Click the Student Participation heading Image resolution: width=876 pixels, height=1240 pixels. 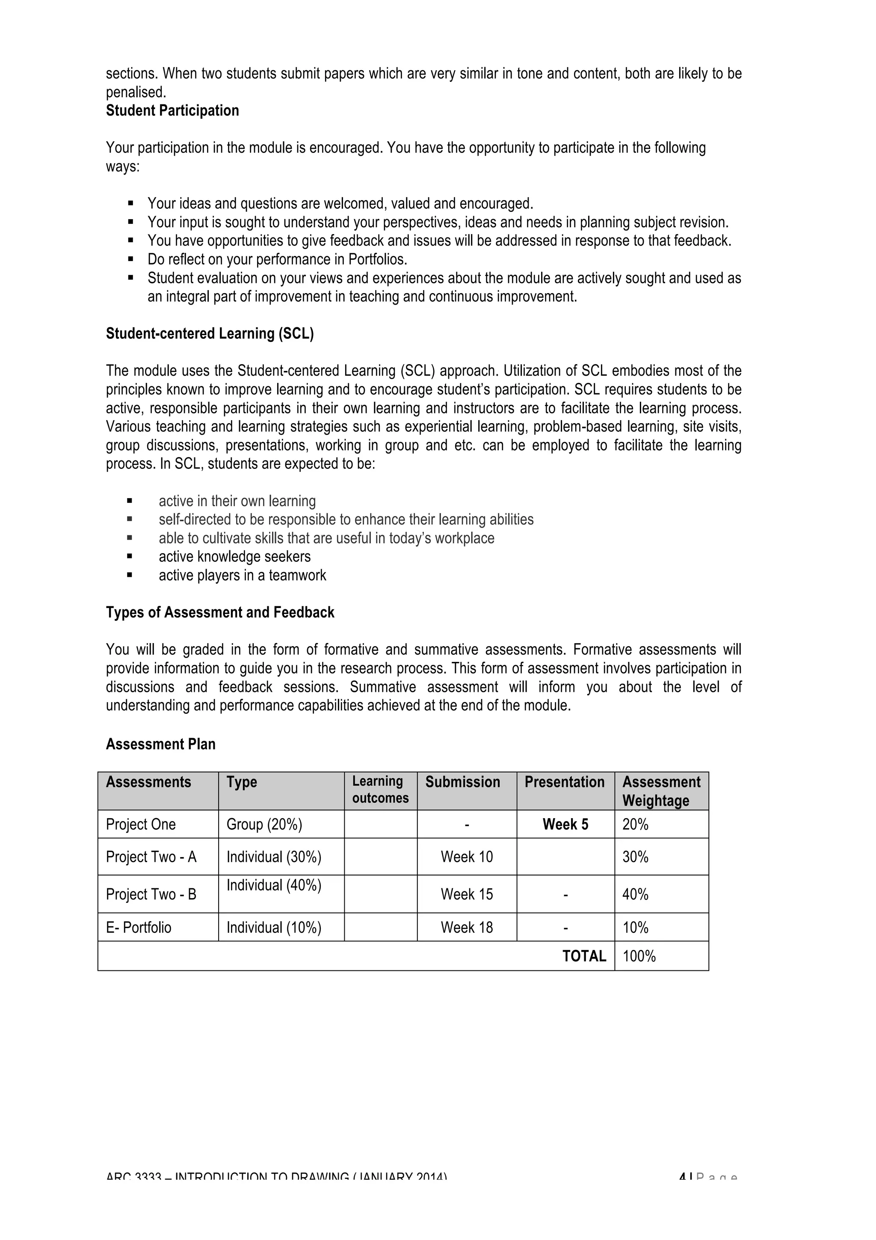tap(172, 111)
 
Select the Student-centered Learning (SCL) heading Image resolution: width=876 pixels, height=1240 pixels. tap(210, 334)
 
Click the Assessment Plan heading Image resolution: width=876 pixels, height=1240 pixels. tap(160, 744)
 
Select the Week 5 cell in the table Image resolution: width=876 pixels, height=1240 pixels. tap(565, 825)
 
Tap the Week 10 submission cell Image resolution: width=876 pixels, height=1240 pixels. tap(466, 857)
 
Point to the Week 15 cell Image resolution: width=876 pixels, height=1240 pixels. tap(466, 894)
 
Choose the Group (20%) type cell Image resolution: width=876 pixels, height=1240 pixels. tap(264, 825)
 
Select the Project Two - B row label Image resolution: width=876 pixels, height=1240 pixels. tap(151, 894)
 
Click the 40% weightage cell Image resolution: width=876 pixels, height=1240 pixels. tap(635, 894)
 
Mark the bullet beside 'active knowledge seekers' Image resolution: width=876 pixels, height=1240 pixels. tap(130, 556)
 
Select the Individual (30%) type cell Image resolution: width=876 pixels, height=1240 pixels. tap(274, 857)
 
